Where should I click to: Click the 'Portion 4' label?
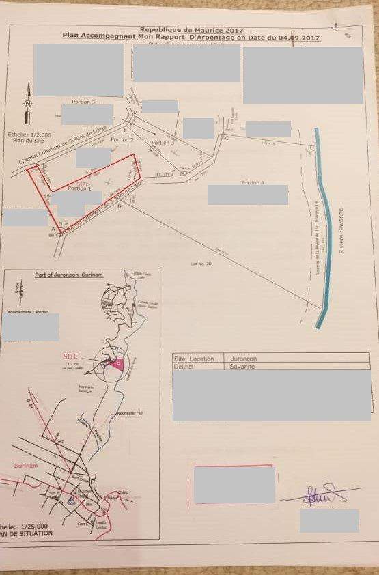click(252, 182)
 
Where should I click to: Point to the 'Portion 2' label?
click(122, 139)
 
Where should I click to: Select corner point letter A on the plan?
click(53, 229)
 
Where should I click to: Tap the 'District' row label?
click(184, 366)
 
